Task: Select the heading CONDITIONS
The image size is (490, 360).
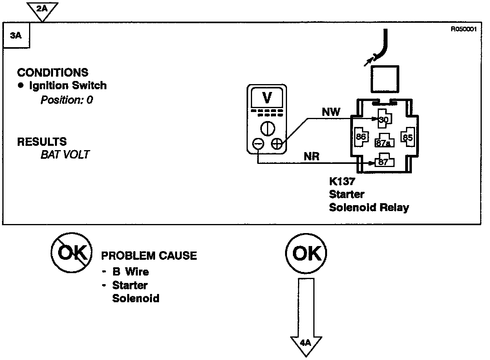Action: (x=53, y=73)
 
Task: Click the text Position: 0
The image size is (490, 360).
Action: (x=67, y=100)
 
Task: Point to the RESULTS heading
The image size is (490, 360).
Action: (x=42, y=141)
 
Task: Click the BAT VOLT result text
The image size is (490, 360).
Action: (x=65, y=154)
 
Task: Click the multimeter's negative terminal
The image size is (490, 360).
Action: (x=258, y=144)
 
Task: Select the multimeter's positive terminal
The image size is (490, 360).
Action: (x=277, y=144)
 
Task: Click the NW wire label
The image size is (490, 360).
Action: (x=331, y=112)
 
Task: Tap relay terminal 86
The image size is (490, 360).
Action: (x=361, y=137)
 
